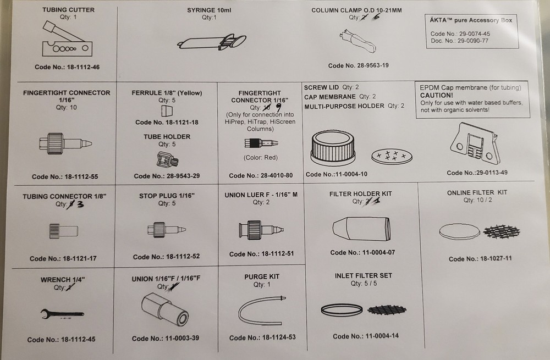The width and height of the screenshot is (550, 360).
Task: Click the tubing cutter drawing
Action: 67,38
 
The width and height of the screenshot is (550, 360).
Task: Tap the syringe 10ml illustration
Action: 212,42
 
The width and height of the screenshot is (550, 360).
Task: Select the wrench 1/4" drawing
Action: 62,314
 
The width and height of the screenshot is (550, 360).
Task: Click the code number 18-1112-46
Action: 67,67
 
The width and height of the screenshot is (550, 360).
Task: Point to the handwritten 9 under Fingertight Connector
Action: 279,107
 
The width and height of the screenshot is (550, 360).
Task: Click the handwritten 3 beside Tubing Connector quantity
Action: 80,204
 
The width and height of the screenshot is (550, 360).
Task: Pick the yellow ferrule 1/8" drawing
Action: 167,111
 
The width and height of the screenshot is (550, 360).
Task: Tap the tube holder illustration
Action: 167,159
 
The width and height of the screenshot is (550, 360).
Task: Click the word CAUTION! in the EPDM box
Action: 437,95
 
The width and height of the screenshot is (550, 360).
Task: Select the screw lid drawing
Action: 333,148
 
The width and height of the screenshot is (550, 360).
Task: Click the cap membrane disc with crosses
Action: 392,156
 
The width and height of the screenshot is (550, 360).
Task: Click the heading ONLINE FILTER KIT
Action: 477,192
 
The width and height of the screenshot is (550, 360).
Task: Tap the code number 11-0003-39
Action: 166,338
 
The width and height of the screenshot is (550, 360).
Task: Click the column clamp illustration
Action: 358,41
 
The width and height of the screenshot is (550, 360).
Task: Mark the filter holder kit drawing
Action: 361,229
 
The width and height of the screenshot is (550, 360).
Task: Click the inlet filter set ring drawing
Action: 342,309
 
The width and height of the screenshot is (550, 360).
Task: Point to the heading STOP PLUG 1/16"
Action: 167,196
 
